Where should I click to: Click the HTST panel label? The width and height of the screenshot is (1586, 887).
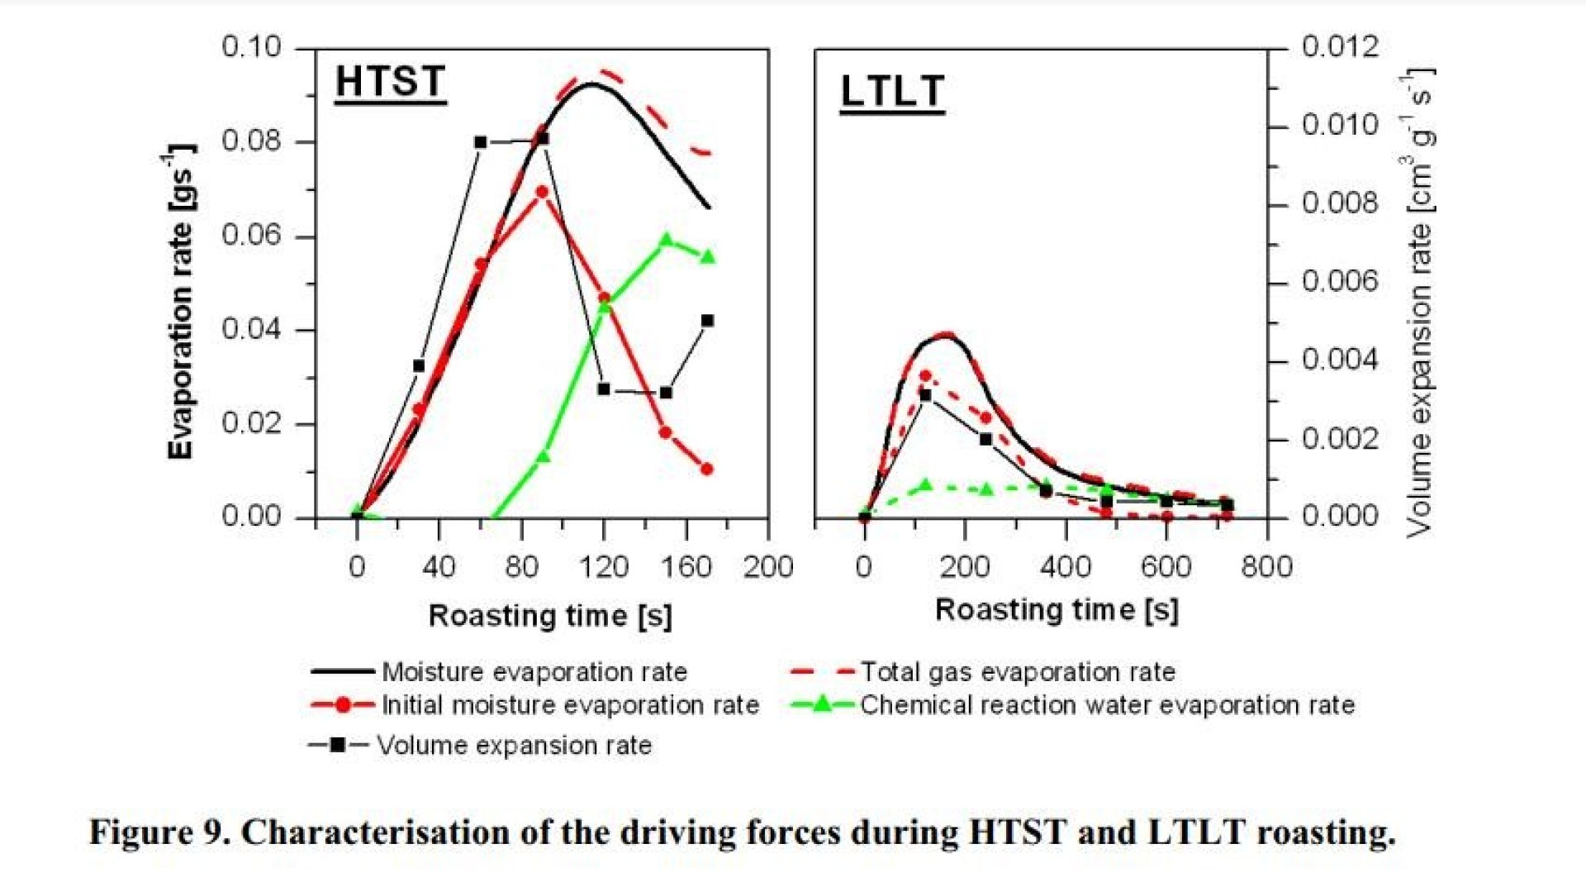point(390,83)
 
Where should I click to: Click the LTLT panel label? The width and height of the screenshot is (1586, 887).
point(892,92)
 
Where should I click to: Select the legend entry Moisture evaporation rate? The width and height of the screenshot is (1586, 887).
point(534,672)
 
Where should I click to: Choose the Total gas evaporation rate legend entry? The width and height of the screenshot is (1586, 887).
point(1018,672)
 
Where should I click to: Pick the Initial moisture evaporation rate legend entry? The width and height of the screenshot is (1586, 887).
point(570,705)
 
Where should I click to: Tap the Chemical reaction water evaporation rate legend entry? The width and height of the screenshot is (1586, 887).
point(1107,705)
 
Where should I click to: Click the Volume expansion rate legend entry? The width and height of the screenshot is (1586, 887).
point(514,745)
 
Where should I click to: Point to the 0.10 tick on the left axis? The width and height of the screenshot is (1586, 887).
point(251,47)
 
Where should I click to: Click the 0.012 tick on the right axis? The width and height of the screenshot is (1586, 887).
point(1340,47)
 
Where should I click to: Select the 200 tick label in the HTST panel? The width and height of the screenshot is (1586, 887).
point(768,567)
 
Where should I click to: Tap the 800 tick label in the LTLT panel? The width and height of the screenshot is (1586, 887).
point(1266,567)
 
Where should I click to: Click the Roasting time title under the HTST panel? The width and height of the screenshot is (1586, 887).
point(550,616)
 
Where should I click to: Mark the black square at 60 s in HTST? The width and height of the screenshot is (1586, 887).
point(481,142)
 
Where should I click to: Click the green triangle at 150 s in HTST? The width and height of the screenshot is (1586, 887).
point(667,241)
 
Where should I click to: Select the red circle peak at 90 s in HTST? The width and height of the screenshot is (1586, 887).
point(542,192)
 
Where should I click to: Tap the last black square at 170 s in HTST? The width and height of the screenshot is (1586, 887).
point(707,321)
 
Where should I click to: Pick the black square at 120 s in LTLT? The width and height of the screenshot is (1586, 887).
point(925,396)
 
